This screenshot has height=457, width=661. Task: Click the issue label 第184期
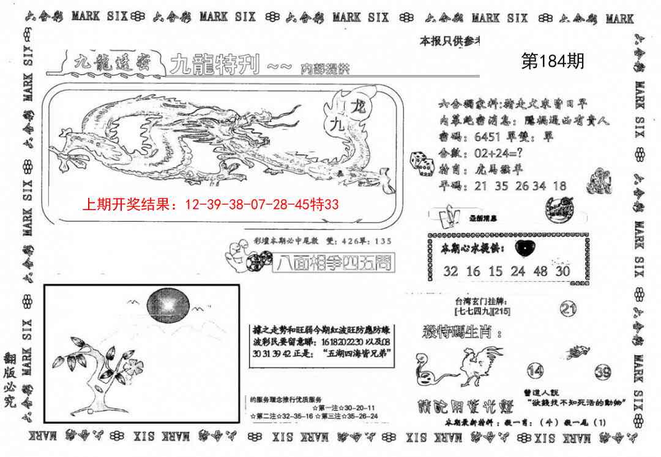[x=552, y=61]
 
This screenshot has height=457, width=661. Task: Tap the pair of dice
[x=423, y=164]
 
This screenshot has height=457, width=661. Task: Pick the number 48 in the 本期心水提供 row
[x=540, y=271]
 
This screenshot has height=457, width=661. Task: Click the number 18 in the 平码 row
[x=559, y=186]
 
